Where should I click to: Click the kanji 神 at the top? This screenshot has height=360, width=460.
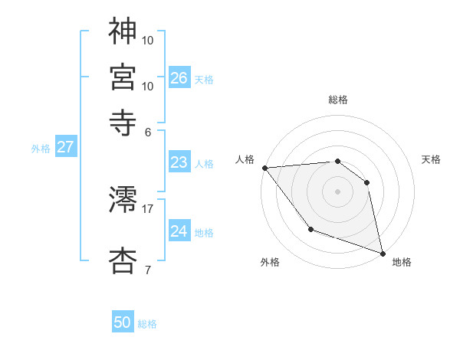coord(123,31)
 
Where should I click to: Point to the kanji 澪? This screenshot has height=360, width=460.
coord(123,200)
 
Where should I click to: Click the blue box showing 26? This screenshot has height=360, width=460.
coord(179,78)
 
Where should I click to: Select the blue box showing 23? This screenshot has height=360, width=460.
coord(179,162)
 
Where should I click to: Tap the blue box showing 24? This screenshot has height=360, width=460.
coord(179,231)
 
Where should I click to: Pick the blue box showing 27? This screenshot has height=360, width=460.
coord(64,148)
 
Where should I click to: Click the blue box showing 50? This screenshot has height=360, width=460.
coord(123,323)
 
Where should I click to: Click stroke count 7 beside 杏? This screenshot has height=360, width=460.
coord(147,270)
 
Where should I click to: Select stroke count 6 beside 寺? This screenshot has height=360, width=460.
coord(147,131)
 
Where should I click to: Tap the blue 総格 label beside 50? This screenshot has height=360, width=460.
coord(147,324)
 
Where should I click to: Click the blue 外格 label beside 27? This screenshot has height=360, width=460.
coord(41,149)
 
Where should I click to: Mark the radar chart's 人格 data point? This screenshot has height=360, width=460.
coord(264,168)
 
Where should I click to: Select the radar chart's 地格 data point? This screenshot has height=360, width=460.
coord(382,252)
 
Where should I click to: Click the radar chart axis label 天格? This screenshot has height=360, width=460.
coord(431,159)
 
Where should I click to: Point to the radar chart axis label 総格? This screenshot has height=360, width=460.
coord(338,100)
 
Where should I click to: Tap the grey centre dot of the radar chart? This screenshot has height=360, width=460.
coord(337,191)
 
